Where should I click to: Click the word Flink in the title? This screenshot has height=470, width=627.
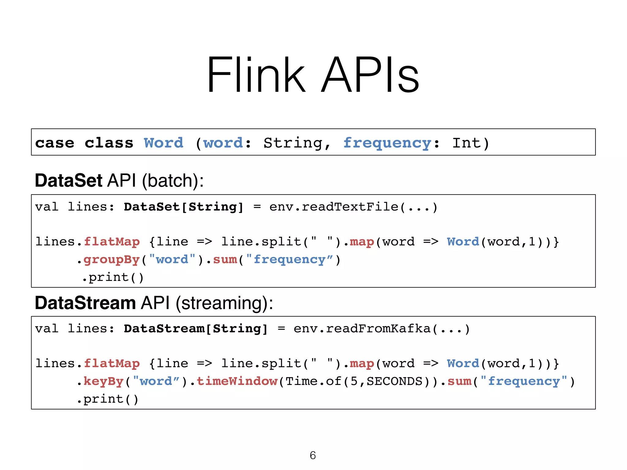256,75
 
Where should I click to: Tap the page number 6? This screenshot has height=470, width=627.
313,455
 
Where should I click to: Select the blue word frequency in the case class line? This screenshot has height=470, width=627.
387,143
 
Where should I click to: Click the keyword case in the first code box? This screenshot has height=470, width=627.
54,143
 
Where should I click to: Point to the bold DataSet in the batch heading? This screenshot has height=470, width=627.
68,181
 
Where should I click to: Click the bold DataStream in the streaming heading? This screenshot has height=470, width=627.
85,303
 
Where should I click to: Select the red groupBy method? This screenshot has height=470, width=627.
111,260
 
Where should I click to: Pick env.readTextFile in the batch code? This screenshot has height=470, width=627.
334,207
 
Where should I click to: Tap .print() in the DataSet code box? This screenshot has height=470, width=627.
113,278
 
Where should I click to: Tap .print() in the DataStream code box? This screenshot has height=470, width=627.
108,399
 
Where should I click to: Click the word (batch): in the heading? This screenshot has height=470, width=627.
173,181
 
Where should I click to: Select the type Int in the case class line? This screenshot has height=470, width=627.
466,143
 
